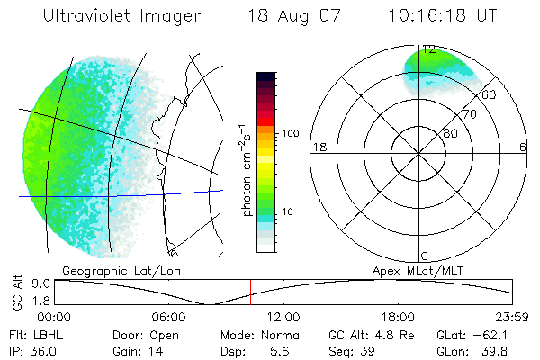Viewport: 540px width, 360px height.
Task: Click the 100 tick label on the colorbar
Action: [x=290, y=133]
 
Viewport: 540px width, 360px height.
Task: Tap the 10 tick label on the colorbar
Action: [x=290, y=211]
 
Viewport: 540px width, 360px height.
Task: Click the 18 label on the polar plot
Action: [x=318, y=147]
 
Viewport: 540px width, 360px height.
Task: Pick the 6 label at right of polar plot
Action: [x=523, y=147]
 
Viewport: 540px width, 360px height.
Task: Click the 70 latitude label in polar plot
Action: [x=469, y=115]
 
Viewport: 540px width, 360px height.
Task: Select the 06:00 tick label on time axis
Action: [x=168, y=317]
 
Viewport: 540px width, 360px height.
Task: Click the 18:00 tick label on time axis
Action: [x=398, y=317]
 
